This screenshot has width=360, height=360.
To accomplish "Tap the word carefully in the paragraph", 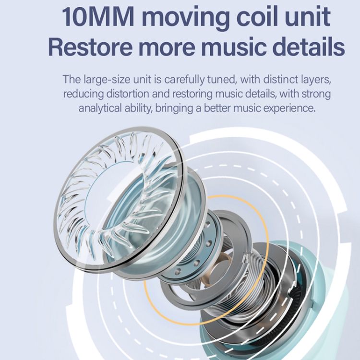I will (183, 79).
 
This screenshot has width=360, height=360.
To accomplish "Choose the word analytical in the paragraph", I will (99, 108).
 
